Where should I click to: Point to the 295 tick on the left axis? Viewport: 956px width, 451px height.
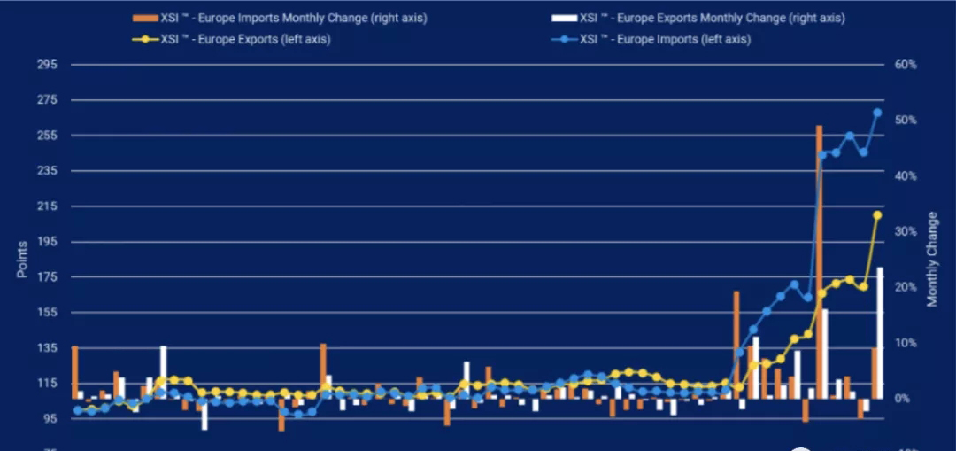[47, 65]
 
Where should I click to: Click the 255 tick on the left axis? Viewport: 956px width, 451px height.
[47, 136]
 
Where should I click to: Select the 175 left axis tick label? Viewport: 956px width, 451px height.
[47, 277]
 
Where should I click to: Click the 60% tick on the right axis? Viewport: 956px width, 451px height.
[905, 65]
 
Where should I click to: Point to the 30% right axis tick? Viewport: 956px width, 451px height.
[905, 231]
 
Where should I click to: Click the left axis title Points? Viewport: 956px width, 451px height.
[22, 259]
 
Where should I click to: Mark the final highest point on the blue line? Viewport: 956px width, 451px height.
[877, 113]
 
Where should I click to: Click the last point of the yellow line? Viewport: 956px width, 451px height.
[877, 215]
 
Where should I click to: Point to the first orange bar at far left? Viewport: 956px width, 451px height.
[74, 372]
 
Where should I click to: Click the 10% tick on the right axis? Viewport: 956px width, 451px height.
[905, 343]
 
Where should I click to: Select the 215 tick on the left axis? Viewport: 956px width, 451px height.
[47, 206]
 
